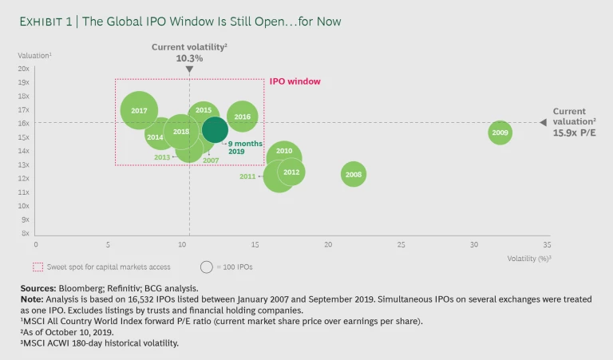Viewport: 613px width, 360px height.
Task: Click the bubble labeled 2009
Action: pyautogui.click(x=500, y=133)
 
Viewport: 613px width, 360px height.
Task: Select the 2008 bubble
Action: pyautogui.click(x=354, y=174)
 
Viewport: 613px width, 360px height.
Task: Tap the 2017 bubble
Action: pyautogui.click(x=139, y=110)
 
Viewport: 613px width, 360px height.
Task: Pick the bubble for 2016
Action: pyautogui.click(x=243, y=117)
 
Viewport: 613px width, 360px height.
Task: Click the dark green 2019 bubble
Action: pyautogui.click(x=215, y=129)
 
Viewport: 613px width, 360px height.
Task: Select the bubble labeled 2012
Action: pyautogui.click(x=291, y=172)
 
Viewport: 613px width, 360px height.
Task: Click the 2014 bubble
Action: pyautogui.click(x=156, y=136)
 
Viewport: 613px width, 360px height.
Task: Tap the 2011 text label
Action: pyautogui.click(x=247, y=176)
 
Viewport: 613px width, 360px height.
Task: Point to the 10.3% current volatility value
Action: pyautogui.click(x=189, y=58)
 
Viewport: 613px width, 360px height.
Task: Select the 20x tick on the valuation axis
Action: pyautogui.click(x=23, y=68)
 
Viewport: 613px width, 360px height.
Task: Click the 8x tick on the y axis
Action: pyautogui.click(x=25, y=233)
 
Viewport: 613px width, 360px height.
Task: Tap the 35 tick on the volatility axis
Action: pyautogui.click(x=547, y=244)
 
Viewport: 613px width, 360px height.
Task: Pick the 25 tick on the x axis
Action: pyautogui.click(x=401, y=244)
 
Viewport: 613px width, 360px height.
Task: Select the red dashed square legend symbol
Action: pyautogui.click(x=37, y=267)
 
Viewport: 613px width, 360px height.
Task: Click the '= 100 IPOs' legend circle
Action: pyautogui.click(x=207, y=267)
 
